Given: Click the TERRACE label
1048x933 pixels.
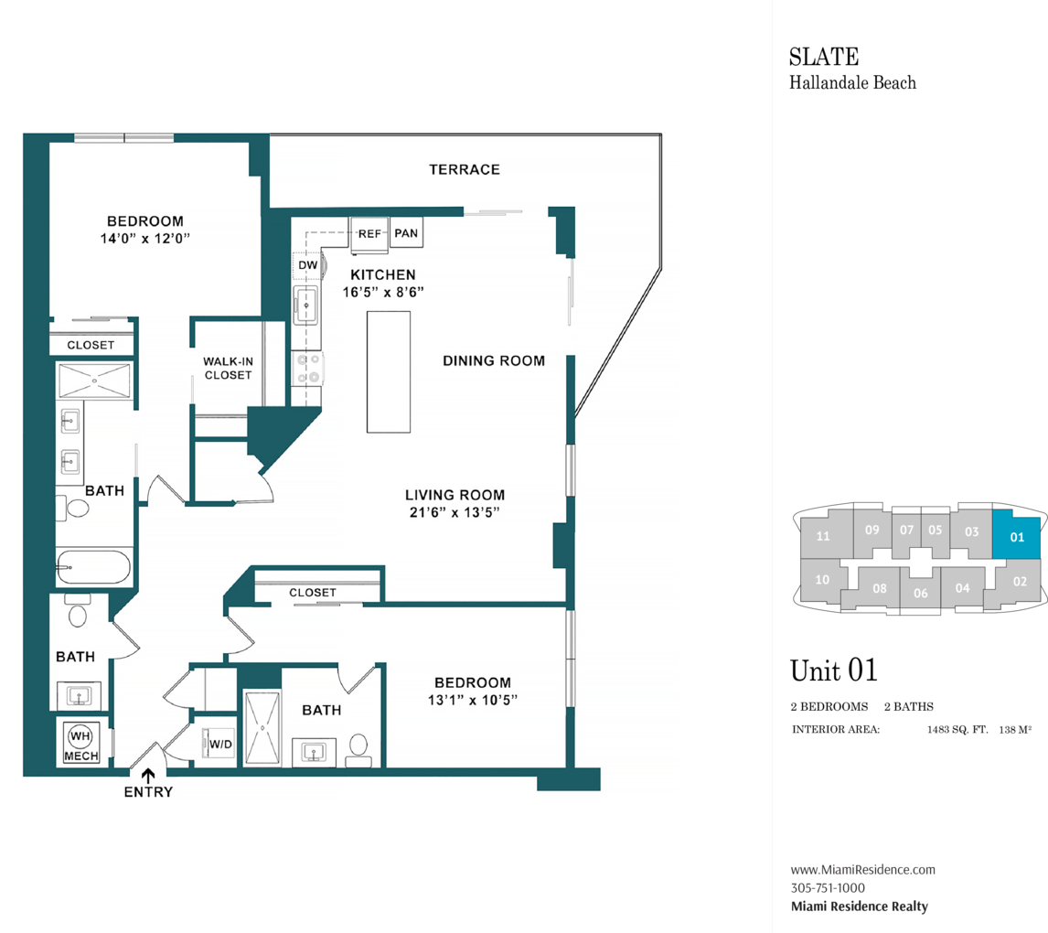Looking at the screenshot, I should coord(465,169).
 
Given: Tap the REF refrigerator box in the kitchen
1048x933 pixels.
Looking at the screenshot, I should coord(369,233).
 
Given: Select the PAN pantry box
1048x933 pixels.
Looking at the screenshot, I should coord(406,233).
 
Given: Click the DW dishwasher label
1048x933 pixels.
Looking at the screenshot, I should coord(307,265).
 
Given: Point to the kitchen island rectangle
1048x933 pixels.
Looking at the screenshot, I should coord(389,371).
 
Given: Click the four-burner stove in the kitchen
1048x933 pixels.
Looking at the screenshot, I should coord(307,368).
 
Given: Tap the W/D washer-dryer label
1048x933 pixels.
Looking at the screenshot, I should coord(220,744).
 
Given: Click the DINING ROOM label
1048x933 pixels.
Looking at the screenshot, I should coord(494,360).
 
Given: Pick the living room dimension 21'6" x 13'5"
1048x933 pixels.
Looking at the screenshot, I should coord(454,512).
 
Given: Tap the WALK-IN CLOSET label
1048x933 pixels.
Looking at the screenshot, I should coord(228,368).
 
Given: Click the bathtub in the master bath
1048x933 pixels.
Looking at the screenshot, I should coord(94,567).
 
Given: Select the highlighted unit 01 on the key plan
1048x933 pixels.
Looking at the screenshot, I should coord(1017,537).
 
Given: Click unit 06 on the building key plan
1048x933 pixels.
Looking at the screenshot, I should coord(920,593).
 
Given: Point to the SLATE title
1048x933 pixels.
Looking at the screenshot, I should coord(823,57).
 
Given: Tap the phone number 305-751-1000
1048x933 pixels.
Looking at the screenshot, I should coord(828,887).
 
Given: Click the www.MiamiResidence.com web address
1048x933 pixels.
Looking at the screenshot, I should coord(862,870).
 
